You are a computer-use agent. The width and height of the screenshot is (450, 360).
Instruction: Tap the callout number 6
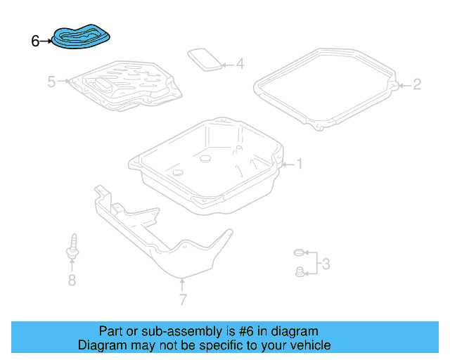(x=35, y=41)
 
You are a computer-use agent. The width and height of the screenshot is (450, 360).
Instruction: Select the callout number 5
(x=51, y=82)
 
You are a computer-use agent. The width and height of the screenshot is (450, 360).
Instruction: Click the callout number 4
(x=240, y=65)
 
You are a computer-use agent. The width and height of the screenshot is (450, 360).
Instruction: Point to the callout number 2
(x=417, y=85)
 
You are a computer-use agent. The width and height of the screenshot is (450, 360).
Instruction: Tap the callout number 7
(x=182, y=300)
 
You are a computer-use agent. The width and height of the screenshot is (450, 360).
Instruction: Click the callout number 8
(x=71, y=281)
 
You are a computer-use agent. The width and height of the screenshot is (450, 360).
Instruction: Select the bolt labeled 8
(x=72, y=247)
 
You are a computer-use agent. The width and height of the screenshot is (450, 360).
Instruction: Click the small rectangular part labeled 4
(x=205, y=59)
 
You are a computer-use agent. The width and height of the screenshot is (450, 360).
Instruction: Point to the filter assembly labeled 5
(x=127, y=86)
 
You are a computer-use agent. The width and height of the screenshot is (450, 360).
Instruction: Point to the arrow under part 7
(x=182, y=285)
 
